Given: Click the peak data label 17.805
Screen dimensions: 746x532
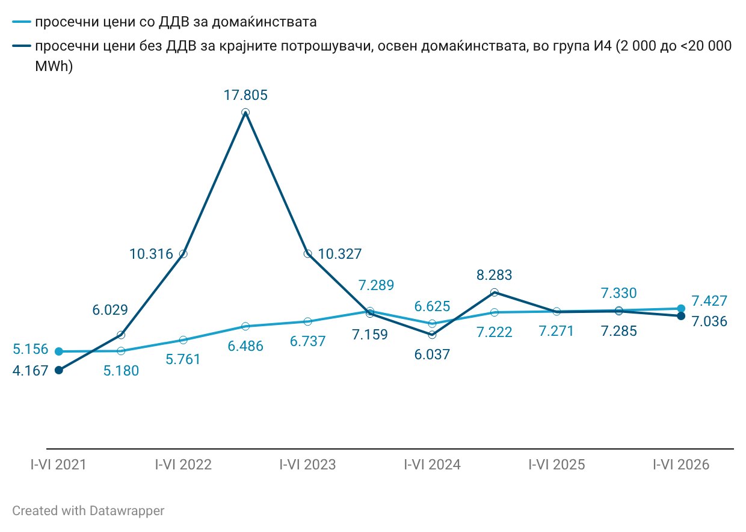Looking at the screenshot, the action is [245, 95].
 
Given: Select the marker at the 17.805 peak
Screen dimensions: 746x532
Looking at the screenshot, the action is [245, 113].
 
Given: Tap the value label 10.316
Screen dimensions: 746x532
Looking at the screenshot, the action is [151, 254].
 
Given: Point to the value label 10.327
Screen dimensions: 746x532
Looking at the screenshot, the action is [340, 254].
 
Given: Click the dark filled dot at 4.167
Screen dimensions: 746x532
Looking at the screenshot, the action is [59, 370].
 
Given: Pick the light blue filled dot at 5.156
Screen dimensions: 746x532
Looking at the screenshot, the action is [59, 351].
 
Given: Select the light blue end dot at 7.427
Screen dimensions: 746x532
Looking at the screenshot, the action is [681, 309].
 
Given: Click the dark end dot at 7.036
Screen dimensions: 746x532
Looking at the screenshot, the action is [681, 316].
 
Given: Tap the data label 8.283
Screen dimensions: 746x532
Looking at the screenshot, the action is [495, 275].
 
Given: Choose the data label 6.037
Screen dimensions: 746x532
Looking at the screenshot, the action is [432, 354].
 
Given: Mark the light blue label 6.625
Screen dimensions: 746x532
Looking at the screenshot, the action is [432, 306].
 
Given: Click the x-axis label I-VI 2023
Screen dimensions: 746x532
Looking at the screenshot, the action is [308, 465].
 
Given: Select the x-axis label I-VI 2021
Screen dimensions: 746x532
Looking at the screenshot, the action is [58, 465].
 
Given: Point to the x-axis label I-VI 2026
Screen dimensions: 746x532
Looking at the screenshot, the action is [681, 465].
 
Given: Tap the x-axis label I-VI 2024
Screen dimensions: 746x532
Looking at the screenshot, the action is [433, 465].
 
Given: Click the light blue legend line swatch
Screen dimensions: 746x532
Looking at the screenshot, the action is [22, 22].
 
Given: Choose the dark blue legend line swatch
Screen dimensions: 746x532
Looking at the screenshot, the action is [22, 46].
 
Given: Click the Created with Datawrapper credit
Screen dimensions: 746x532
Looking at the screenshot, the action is [88, 511].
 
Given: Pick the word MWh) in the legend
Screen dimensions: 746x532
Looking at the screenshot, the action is [54, 66].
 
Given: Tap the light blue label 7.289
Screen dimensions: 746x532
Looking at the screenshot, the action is [376, 285].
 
